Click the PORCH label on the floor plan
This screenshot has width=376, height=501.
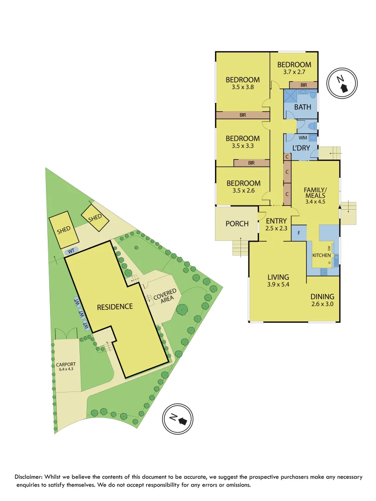[x=237, y=224]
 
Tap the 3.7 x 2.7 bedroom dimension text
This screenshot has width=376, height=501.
[x=294, y=72]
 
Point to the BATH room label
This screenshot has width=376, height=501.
[x=303, y=107]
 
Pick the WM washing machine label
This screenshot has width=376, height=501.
[x=303, y=138]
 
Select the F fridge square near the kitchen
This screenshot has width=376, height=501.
[x=299, y=232]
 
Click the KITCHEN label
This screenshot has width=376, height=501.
[x=321, y=256]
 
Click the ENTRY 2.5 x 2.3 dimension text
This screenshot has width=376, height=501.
[x=277, y=228]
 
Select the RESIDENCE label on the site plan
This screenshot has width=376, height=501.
[x=115, y=307]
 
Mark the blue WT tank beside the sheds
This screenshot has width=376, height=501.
[x=71, y=251]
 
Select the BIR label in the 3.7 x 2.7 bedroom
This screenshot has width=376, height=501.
[x=304, y=85]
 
